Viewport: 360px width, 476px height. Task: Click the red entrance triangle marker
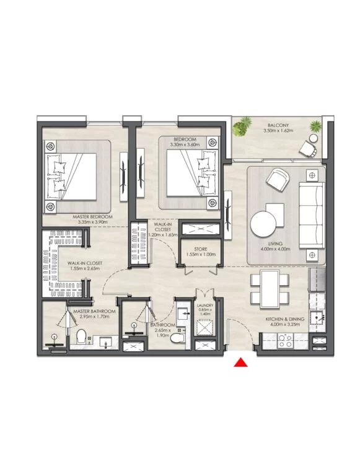tap(240, 363)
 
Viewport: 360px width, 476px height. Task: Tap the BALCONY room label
tap(278, 125)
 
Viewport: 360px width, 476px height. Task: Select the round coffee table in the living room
tap(263, 224)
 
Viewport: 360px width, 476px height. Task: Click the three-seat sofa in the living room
tap(312, 215)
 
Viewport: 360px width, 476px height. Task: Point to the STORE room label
tap(200, 249)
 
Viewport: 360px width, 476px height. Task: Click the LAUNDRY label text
tap(205, 306)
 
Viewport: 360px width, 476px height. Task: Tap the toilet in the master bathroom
tap(81, 337)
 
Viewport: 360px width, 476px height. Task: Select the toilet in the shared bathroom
tap(178, 338)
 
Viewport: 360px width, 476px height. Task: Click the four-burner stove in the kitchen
tap(285, 341)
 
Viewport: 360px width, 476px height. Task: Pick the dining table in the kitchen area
tap(270, 289)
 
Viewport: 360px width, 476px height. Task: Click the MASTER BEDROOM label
tap(92, 217)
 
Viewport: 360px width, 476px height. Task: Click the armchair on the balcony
tap(308, 149)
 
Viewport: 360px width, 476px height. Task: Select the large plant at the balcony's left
tap(242, 126)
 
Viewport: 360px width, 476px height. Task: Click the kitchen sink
tap(317, 318)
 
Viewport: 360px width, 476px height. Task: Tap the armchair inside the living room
tap(278, 179)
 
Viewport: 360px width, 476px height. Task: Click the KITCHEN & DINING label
tap(285, 319)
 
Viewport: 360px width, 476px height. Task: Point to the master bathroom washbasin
tap(105, 343)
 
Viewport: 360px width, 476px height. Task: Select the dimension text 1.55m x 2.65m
tap(85, 268)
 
